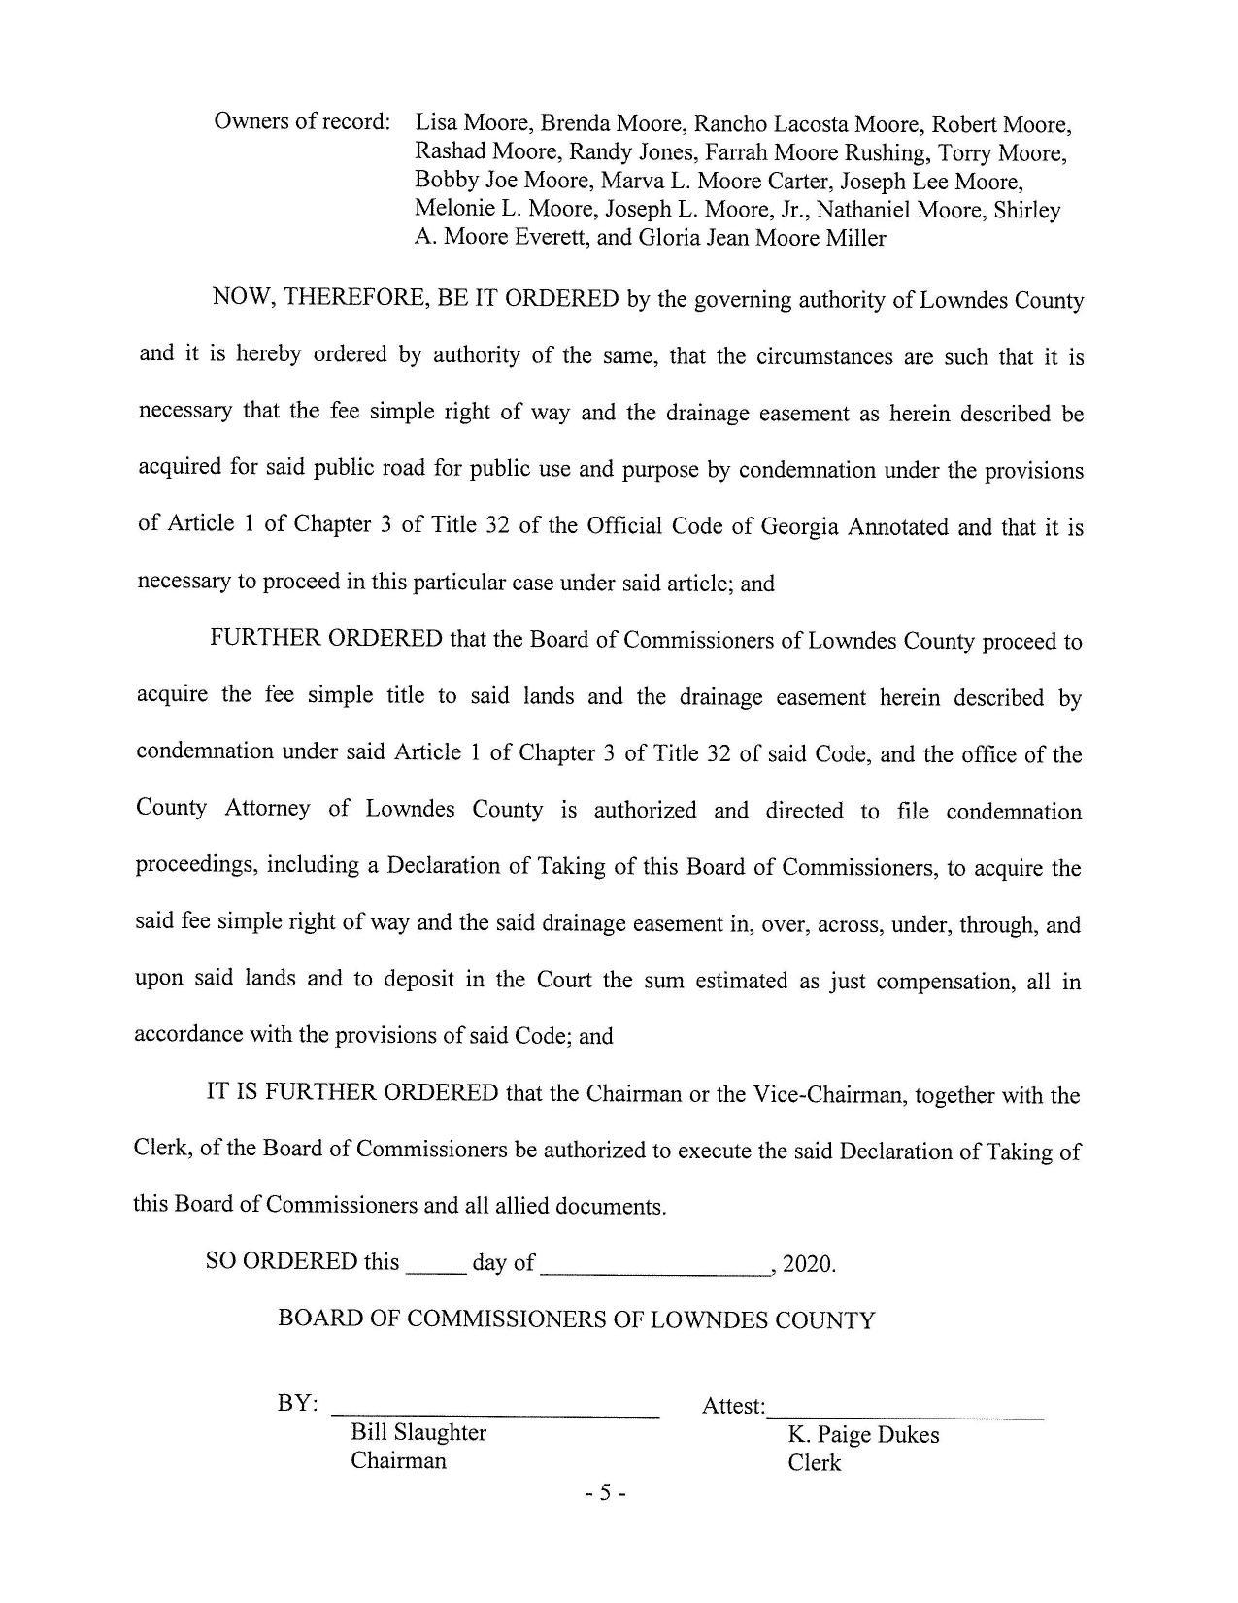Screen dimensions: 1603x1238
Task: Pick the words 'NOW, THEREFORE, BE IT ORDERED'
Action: click(416, 298)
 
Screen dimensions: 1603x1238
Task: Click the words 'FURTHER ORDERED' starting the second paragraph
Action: click(325, 639)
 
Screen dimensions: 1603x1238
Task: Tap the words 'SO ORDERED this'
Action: click(302, 1262)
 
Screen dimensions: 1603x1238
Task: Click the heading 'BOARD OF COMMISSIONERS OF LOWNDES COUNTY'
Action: click(576, 1319)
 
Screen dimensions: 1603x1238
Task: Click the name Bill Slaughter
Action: click(418, 1432)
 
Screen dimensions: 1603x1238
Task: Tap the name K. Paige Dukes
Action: click(863, 1434)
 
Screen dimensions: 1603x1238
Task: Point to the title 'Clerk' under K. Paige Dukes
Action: click(815, 1462)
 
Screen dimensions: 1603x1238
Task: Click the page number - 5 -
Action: click(606, 1493)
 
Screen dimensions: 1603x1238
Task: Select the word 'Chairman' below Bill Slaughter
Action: click(398, 1460)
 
